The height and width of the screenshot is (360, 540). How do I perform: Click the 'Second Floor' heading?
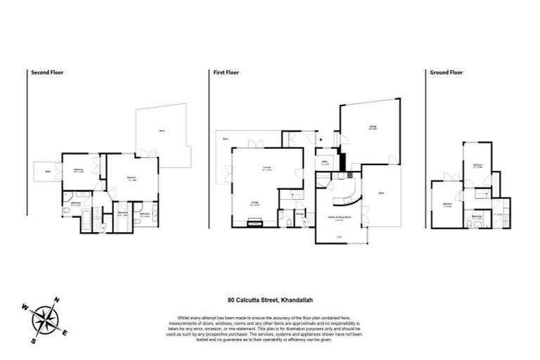47,72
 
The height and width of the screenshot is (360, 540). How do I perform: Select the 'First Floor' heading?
227,72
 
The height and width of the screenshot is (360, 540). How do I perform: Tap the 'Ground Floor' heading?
446,72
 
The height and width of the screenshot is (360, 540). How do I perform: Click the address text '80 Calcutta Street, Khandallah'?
270,297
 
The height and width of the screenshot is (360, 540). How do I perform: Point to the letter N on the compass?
58,300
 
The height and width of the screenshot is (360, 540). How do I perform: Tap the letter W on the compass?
25,307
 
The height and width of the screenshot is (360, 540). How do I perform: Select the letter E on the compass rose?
65,333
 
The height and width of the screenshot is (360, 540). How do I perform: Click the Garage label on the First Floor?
373,127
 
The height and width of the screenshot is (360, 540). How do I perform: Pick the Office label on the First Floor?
325,162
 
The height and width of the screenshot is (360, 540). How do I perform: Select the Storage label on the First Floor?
300,211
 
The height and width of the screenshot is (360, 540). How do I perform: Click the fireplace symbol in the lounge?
257,224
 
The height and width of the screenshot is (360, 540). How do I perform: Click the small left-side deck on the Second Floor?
46,171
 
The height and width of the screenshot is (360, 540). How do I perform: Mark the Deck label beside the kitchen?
380,193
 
